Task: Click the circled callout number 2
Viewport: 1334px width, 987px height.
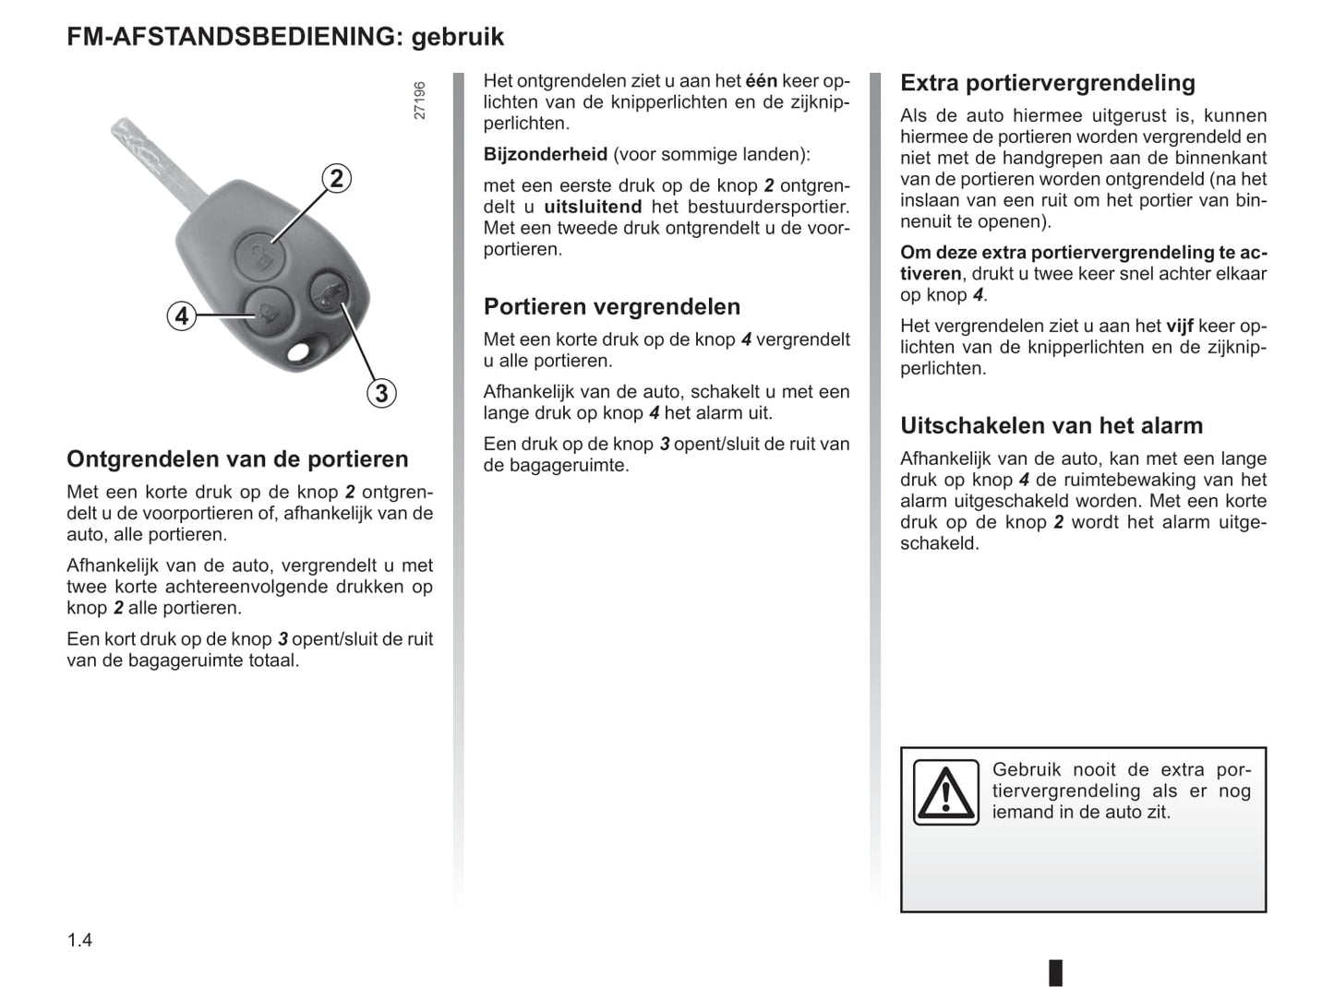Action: point(337,178)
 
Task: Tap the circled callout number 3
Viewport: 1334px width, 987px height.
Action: point(380,394)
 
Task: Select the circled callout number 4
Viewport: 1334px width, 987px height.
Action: point(182,316)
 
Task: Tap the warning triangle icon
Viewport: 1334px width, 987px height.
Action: point(945,792)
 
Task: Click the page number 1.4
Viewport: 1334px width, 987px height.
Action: point(79,940)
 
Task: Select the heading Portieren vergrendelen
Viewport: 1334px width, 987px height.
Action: point(612,307)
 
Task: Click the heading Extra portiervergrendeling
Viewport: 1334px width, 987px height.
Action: point(1047,83)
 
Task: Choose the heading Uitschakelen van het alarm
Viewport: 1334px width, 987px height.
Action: point(1052,426)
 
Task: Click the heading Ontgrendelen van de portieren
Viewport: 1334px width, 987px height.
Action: point(237,459)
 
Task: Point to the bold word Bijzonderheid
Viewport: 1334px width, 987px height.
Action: point(546,155)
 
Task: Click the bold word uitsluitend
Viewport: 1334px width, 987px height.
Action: point(593,208)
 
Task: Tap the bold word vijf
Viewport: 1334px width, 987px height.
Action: point(1180,327)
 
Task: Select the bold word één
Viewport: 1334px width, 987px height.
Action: point(761,81)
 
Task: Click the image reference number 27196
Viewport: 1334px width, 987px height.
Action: point(420,101)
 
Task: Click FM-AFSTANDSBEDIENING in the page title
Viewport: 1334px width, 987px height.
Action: point(231,37)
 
